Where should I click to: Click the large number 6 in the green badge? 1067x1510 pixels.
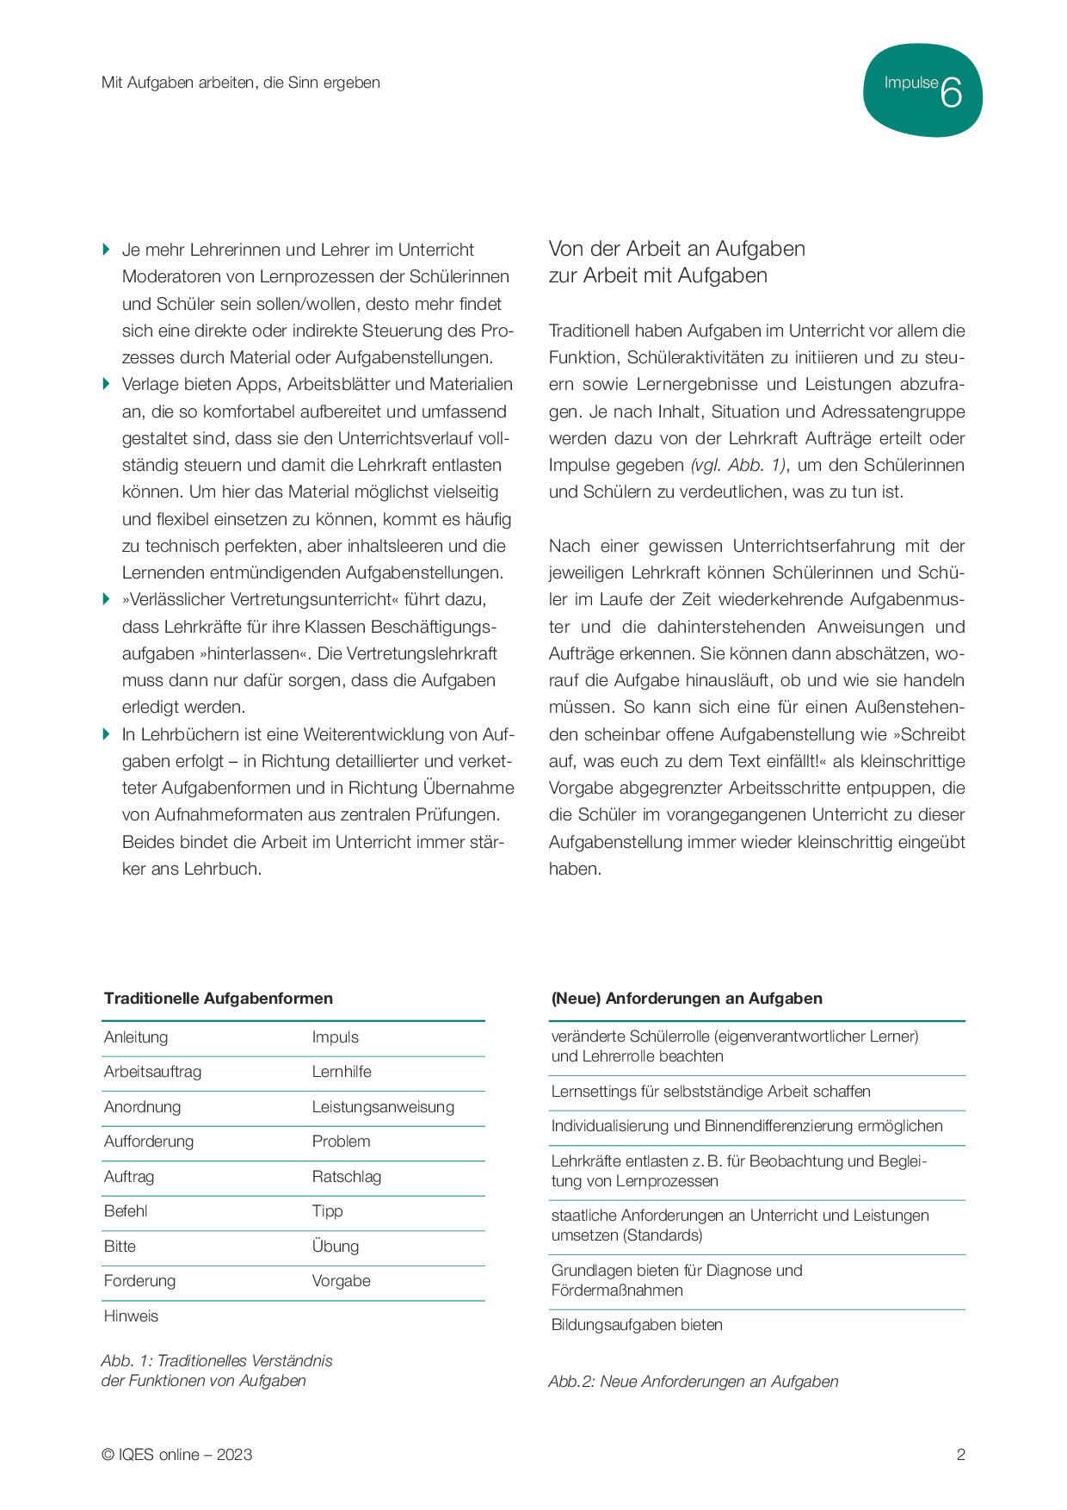click(x=951, y=91)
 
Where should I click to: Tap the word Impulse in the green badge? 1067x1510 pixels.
click(x=910, y=83)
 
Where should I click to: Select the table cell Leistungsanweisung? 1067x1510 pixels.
click(x=383, y=1107)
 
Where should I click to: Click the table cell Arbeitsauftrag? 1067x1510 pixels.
click(x=152, y=1072)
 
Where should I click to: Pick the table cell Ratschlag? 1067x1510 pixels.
click(x=346, y=1177)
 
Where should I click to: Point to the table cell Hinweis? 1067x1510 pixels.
click(x=131, y=1315)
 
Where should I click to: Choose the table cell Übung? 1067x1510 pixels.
click(x=335, y=1247)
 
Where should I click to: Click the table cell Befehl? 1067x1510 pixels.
click(x=126, y=1211)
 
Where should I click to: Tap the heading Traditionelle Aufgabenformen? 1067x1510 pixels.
click(x=218, y=999)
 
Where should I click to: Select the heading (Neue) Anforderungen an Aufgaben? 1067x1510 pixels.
click(x=686, y=999)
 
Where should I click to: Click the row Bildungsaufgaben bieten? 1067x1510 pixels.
click(x=637, y=1325)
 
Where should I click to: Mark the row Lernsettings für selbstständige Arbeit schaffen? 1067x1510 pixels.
click(x=711, y=1092)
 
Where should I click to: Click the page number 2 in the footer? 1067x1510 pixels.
click(x=960, y=1455)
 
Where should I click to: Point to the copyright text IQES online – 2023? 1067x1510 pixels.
click(x=176, y=1455)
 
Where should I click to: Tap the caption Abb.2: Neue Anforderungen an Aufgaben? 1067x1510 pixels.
click(x=693, y=1382)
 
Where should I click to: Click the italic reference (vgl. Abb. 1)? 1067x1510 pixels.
click(x=737, y=466)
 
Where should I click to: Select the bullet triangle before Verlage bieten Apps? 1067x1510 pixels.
click(x=106, y=384)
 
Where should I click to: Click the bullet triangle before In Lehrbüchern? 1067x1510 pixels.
click(x=106, y=734)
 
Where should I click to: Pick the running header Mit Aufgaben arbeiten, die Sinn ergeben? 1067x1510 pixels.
click(x=240, y=83)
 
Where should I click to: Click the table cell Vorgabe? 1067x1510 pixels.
click(x=341, y=1281)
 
